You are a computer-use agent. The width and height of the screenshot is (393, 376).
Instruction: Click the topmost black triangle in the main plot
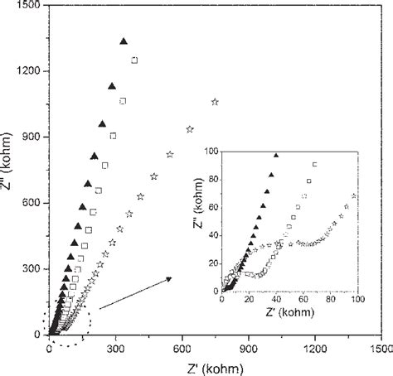click(124, 41)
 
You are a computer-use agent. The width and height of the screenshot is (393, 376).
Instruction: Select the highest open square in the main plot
click(135, 60)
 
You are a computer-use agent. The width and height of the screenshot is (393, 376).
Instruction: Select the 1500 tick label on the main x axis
click(381, 350)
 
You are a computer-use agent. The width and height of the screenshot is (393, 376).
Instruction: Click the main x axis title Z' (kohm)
click(215, 368)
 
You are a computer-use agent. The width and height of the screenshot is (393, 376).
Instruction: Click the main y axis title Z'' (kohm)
click(7, 170)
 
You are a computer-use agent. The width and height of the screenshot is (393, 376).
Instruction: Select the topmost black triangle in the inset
click(277, 156)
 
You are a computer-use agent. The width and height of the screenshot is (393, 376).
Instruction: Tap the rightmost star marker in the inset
click(356, 196)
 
